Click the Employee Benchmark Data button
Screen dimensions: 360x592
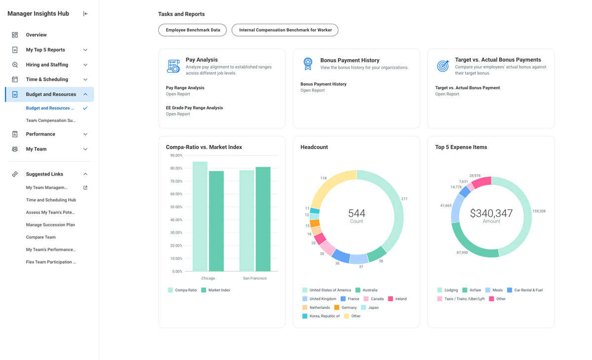tap(192, 30)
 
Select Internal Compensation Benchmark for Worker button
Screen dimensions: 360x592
tap(285, 30)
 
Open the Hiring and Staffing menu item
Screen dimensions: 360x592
tap(47, 65)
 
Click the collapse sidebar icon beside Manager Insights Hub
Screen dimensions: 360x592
tap(85, 14)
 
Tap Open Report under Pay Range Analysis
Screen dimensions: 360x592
tap(178, 94)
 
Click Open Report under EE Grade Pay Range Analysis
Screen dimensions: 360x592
tap(178, 114)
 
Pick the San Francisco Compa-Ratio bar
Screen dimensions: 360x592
tap(247, 222)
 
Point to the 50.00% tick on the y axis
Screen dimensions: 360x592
tap(176, 207)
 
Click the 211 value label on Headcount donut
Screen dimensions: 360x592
tap(405, 199)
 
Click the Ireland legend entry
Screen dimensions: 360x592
tap(401, 299)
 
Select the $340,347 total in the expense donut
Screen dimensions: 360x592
tap(491, 214)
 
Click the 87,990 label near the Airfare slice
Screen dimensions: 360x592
tap(462, 252)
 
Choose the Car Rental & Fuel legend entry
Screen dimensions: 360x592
tap(528, 290)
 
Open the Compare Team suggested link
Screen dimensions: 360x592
tap(40, 237)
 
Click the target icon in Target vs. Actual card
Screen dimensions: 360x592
tap(443, 66)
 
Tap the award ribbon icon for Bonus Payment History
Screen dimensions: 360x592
tap(308, 64)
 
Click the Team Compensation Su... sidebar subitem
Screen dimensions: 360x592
tap(50, 120)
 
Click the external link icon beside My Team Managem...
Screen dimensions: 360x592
tap(85, 187)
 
